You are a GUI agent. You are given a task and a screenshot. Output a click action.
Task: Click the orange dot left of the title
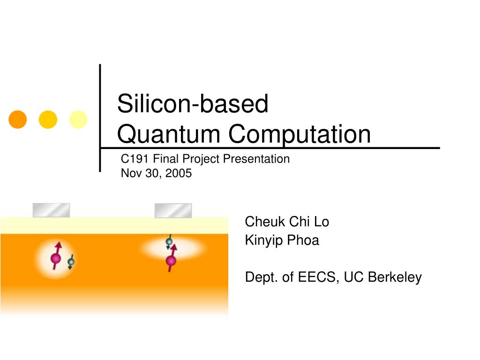[x=17, y=120]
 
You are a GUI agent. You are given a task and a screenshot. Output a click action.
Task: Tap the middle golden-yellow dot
[x=48, y=120]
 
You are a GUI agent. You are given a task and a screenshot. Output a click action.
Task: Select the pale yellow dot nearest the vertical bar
[x=78, y=120]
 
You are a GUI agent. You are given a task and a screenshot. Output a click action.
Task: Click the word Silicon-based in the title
[x=192, y=104]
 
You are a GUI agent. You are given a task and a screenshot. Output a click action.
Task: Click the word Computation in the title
[x=300, y=134]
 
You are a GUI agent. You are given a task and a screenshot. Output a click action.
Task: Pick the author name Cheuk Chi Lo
[x=287, y=222]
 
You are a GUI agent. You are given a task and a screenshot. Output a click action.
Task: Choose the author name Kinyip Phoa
[x=282, y=240]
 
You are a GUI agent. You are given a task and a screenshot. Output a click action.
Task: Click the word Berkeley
[x=395, y=277]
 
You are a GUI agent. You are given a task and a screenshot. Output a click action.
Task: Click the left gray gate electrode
[x=51, y=210]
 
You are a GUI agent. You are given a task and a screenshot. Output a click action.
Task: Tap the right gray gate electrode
[x=173, y=210]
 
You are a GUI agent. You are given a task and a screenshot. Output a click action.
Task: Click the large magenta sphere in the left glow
[x=55, y=258]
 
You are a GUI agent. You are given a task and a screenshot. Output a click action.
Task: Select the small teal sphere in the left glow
[x=71, y=261]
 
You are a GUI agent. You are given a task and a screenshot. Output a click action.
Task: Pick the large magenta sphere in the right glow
[x=171, y=260]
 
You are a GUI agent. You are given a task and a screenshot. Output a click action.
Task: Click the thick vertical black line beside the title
[x=100, y=117]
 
